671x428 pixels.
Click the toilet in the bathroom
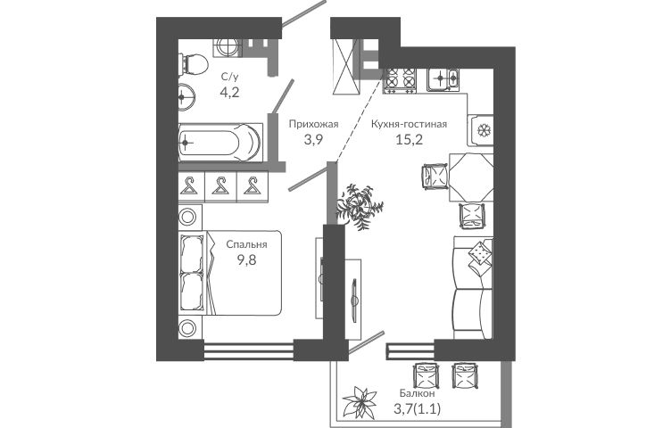[193, 65]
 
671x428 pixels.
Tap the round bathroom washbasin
[186, 97]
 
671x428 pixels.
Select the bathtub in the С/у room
[220, 143]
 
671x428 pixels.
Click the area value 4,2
[229, 92]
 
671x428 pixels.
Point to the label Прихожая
[314, 125]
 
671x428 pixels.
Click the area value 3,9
[313, 140]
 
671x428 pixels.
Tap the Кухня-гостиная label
[409, 125]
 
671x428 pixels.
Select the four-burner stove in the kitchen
[400, 80]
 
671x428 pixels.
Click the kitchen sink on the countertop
[443, 78]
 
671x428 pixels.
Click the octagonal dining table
[471, 177]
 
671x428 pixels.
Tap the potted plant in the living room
[359, 206]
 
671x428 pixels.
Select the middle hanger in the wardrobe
[220, 186]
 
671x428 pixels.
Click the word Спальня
[246, 244]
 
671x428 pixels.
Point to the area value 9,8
[247, 259]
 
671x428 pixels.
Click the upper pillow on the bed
[191, 253]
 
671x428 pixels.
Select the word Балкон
[418, 393]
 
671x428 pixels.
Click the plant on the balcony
[360, 402]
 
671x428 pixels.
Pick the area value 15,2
[409, 140]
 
